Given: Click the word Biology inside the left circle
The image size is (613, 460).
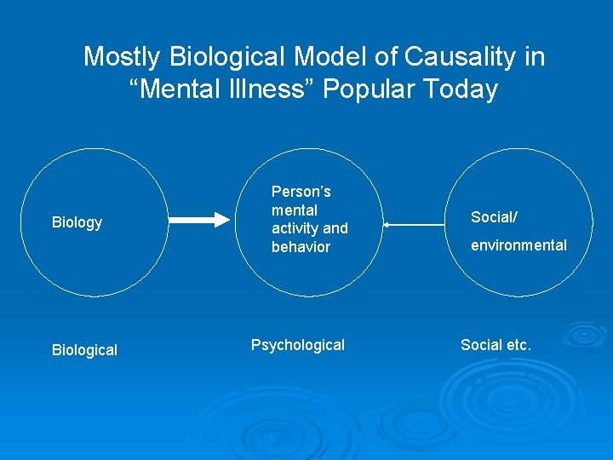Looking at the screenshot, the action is point(77,222).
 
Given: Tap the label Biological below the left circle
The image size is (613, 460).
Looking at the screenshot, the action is point(84,350).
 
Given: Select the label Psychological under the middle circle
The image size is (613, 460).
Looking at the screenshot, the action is point(297,345).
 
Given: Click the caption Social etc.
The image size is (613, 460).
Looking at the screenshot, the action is point(496,345).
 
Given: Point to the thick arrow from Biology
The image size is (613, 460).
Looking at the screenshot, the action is point(199,221).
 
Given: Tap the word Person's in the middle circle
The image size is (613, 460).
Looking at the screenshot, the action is point(301,192).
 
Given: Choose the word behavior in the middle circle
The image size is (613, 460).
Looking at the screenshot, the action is point(301,247).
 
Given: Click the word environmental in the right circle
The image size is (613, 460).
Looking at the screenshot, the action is point(518,245).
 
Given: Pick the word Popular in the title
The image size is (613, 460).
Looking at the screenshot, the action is point(371,89).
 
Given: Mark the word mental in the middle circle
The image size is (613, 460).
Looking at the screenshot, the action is point(295,210).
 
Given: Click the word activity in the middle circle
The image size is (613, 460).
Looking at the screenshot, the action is point(295,228).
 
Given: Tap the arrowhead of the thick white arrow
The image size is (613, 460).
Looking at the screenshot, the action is point(224,221).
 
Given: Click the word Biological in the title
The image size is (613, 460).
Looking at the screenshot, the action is point(223,57).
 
